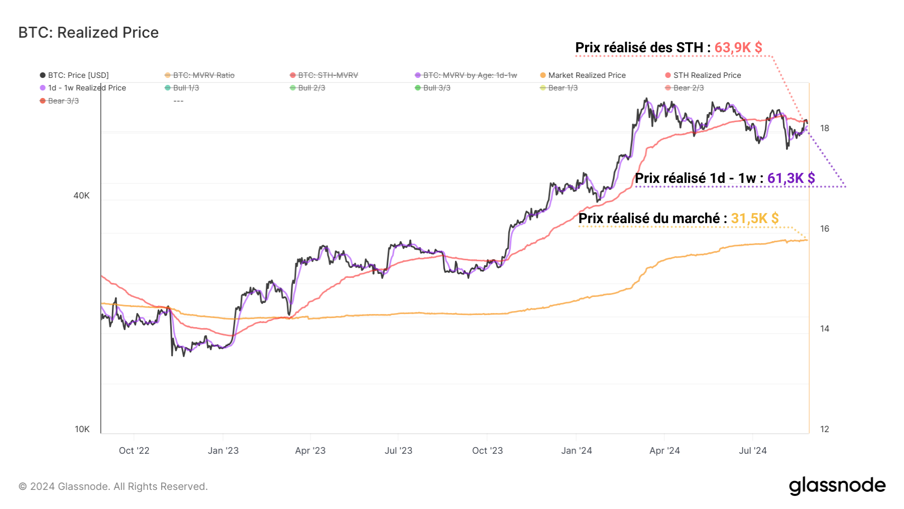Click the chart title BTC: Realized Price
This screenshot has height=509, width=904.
(88, 33)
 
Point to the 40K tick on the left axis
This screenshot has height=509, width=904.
(81, 195)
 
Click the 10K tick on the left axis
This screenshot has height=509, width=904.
(82, 429)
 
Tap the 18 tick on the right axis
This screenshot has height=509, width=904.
(825, 128)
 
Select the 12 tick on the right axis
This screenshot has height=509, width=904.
(825, 429)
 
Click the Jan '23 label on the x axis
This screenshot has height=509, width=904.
(223, 451)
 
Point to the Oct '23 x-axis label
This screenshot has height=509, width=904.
(487, 451)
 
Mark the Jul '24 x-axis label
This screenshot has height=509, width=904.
(752, 451)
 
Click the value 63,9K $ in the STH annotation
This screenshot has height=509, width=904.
(738, 48)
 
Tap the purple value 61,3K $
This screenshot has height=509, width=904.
(790, 178)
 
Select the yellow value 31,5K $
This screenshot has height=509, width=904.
(754, 219)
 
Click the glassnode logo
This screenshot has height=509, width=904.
(837, 486)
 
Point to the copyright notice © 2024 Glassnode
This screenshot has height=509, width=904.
(113, 486)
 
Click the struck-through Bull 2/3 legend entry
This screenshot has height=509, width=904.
(311, 88)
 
